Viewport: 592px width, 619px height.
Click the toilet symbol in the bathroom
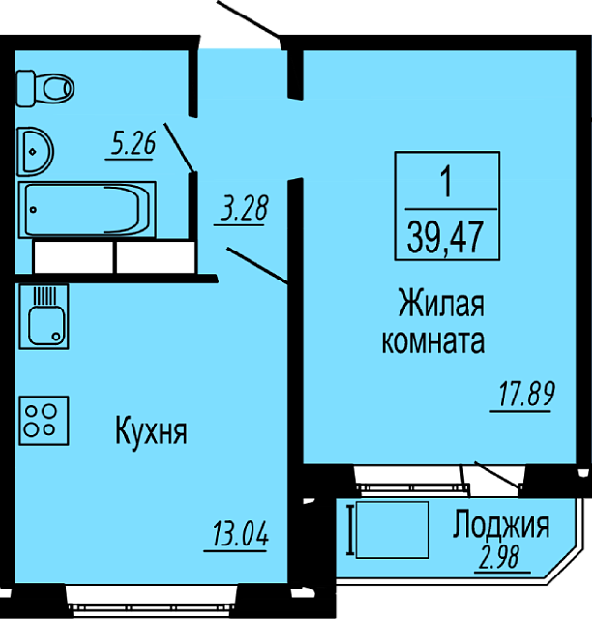point(45,88)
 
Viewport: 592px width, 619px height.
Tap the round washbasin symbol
point(35,152)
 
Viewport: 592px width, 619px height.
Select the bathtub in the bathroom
point(87,210)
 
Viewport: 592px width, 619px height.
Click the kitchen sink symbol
point(44,316)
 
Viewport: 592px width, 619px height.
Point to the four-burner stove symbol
point(44,421)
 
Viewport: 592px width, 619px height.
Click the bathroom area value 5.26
point(133,143)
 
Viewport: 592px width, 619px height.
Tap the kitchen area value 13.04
point(240,534)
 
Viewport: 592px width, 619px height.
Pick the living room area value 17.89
point(527,394)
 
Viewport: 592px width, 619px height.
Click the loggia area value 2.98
point(503,557)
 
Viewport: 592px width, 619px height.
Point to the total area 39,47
point(445,237)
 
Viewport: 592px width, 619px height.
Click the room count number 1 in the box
point(447,181)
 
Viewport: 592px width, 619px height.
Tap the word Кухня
point(151,432)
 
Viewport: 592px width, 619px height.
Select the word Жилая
point(441,303)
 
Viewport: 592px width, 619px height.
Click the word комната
point(433,341)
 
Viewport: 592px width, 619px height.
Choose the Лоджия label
point(501,524)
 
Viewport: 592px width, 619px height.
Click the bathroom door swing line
point(179,147)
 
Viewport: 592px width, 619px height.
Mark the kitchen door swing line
point(257,265)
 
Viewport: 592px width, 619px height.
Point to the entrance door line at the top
point(249,18)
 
